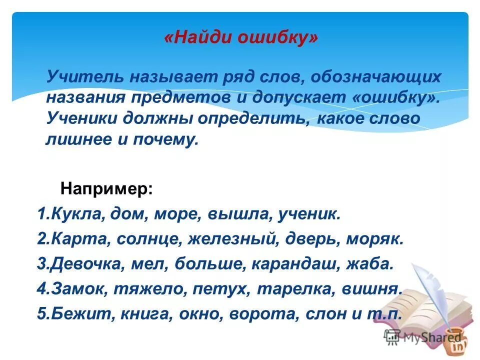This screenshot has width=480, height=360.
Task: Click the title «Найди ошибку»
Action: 240,39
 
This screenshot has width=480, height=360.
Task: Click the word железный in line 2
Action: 231,239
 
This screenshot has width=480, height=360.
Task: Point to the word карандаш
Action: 301,263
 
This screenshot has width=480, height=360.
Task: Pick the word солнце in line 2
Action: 148,239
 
